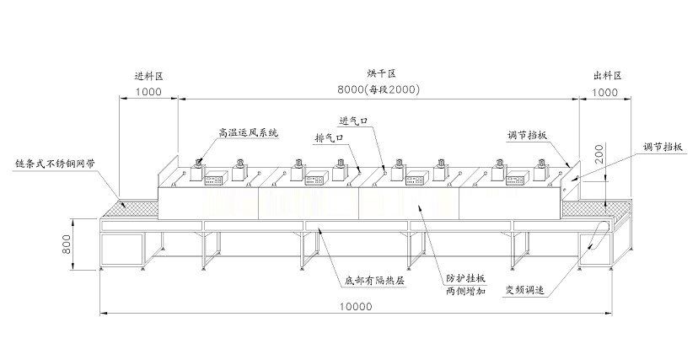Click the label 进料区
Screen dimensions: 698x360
(149, 76)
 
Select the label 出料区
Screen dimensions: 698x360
(608, 76)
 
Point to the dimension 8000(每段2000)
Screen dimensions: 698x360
(379, 89)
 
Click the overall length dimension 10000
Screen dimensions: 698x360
(356, 306)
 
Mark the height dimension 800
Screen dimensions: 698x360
(67, 244)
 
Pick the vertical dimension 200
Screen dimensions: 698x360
(599, 153)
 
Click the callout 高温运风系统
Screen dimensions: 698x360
(248, 132)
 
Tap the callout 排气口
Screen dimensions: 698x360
(329, 138)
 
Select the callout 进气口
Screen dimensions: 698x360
(353, 121)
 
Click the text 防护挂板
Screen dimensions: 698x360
(465, 278)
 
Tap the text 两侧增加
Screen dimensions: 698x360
(465, 292)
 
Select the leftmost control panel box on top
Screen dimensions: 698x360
(216, 179)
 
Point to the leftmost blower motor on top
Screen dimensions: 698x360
(196, 170)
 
